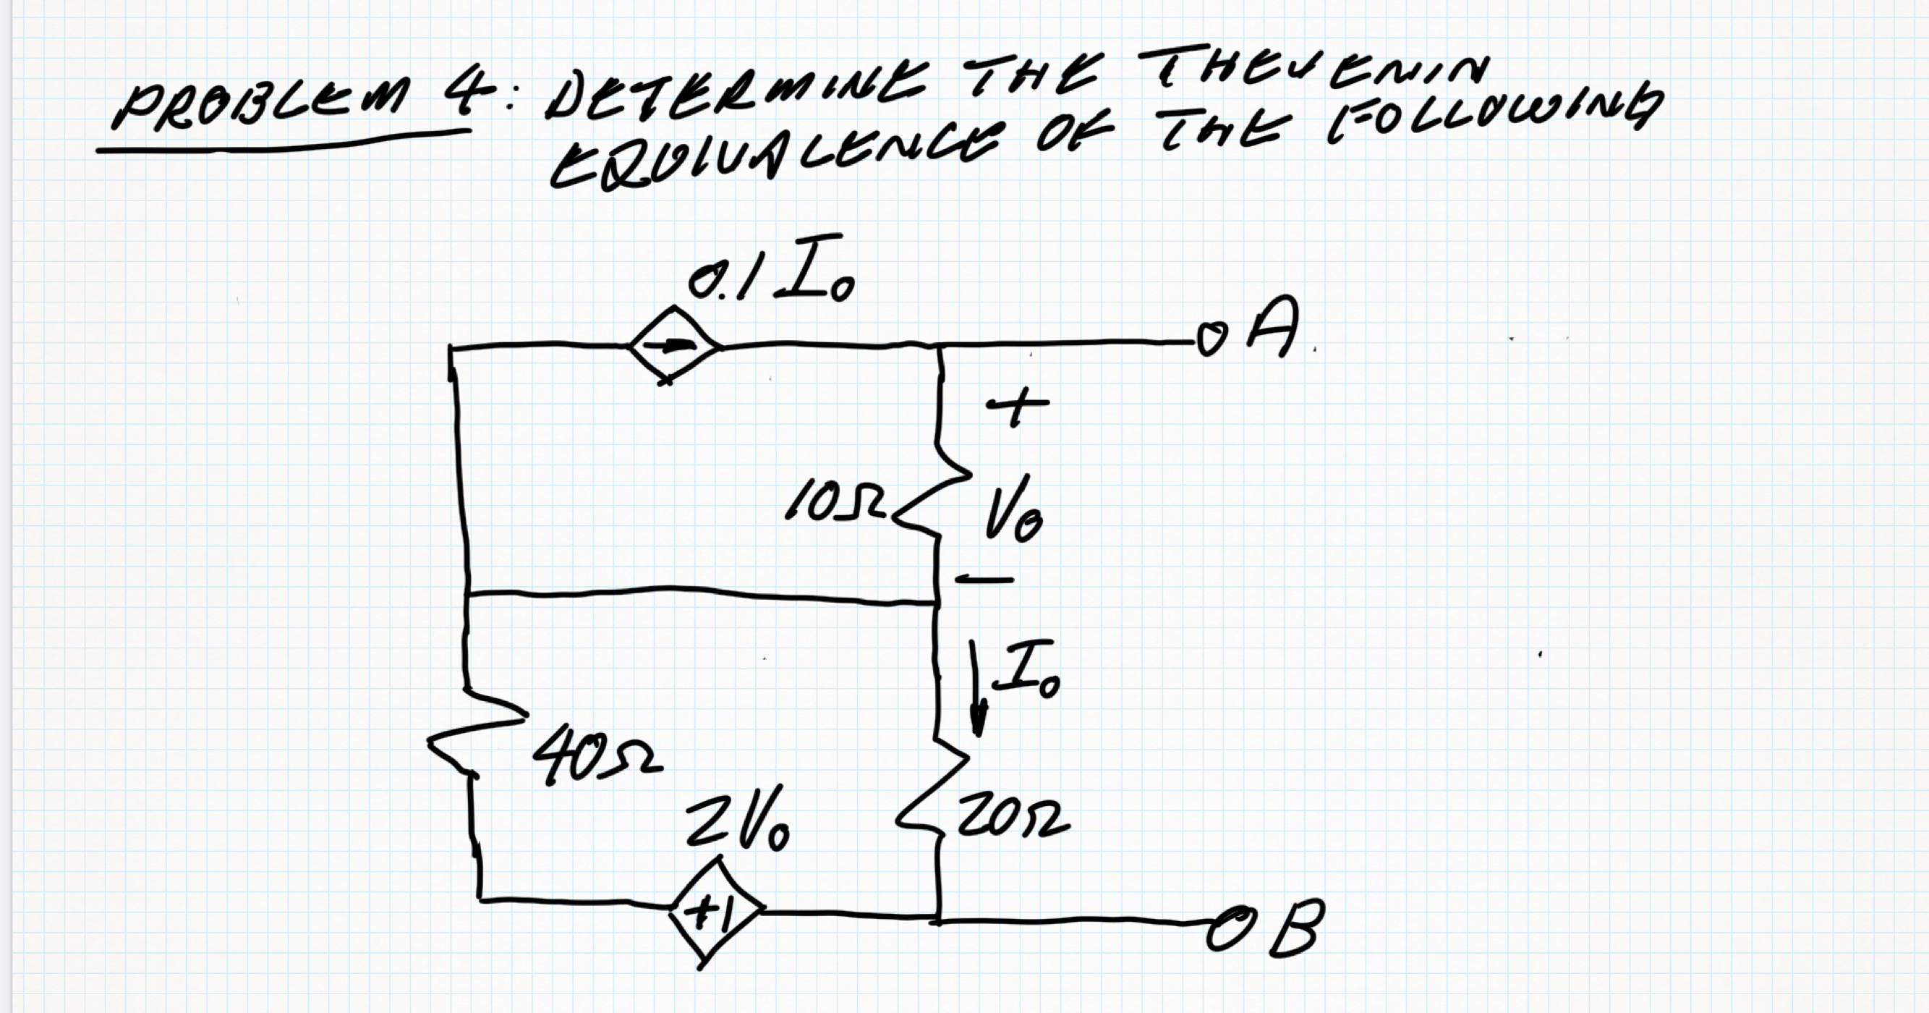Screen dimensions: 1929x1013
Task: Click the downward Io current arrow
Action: (x=976, y=690)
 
